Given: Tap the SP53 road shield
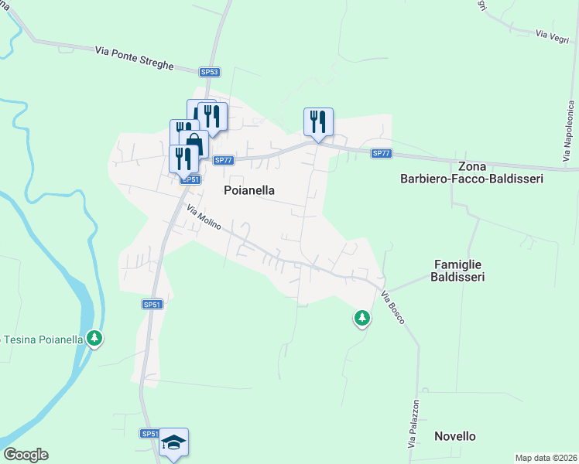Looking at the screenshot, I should click(209, 72).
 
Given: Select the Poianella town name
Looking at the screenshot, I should click(249, 189).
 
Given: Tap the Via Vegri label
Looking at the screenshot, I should click(552, 35).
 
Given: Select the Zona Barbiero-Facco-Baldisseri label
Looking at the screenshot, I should click(471, 172).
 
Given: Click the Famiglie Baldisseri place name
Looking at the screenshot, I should click(457, 270).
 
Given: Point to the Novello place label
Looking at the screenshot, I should click(454, 436).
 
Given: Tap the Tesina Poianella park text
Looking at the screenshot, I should click(43, 339).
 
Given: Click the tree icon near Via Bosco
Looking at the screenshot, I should click(361, 317).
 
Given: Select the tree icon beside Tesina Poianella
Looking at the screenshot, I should click(94, 338).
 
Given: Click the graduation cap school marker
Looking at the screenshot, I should click(174, 442).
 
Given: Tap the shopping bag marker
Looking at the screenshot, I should click(194, 144).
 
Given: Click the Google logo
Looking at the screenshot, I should click(26, 455).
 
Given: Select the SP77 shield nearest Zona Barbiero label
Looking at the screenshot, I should click(380, 153).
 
